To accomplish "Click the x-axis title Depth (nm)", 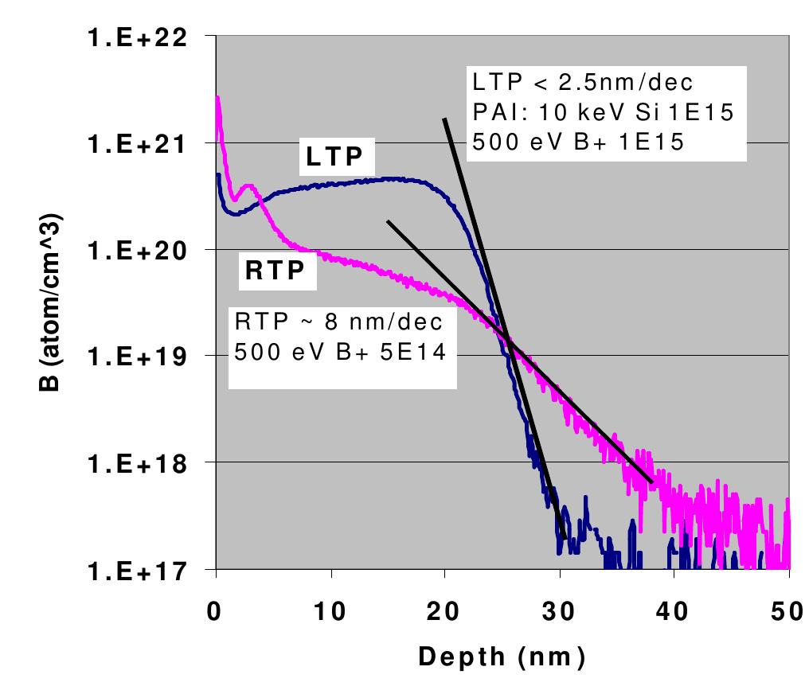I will [x=502, y=657].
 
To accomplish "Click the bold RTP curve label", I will [x=275, y=272].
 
